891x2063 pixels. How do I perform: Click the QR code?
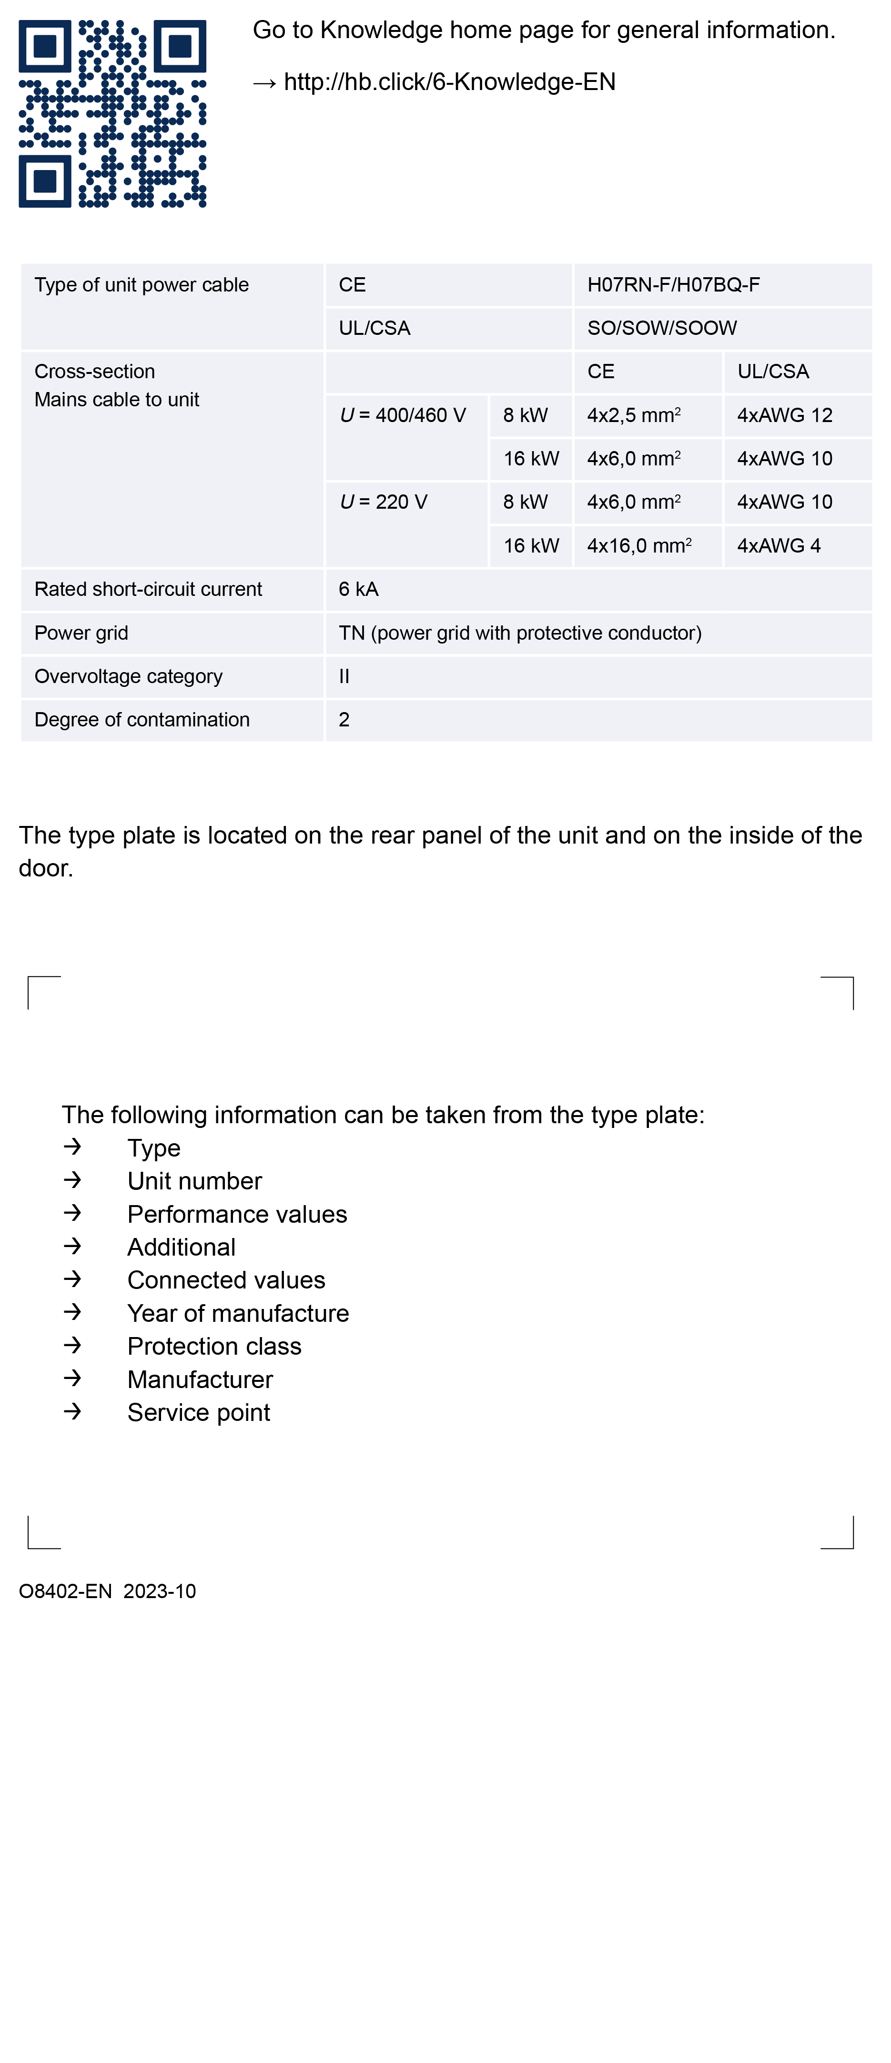tap(112, 114)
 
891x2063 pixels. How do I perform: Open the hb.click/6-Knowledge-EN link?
tap(449, 81)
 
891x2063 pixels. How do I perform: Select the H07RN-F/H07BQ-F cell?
tap(673, 285)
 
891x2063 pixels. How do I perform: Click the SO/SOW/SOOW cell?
tap(662, 328)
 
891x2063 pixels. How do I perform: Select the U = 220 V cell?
tap(383, 502)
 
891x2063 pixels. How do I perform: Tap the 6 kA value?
tap(358, 589)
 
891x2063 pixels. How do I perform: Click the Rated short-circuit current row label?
tap(148, 589)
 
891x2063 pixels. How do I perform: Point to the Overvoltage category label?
tap(128, 677)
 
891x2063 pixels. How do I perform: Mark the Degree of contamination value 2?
tap(344, 720)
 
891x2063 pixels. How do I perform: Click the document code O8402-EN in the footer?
tap(65, 1591)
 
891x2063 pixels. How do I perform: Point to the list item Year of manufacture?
tap(238, 1313)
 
